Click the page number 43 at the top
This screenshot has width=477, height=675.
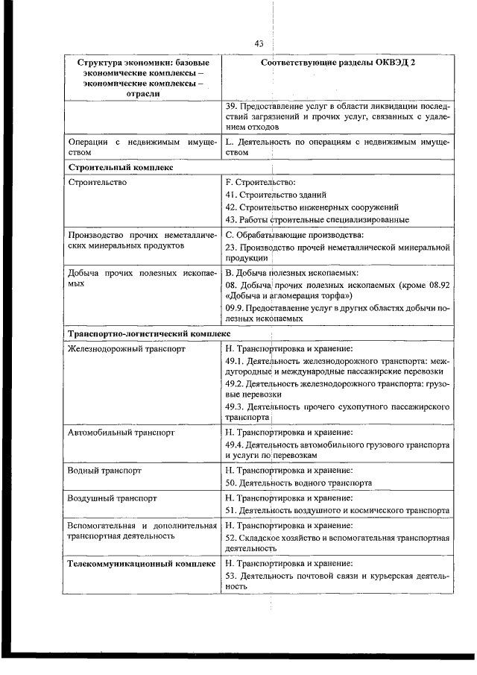(x=259, y=44)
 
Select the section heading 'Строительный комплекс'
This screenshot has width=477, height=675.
(x=119, y=168)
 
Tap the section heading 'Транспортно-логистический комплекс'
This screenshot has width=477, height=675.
(x=148, y=333)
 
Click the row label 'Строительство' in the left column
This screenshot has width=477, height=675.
(x=97, y=182)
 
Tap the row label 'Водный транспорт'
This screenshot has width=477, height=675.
(x=104, y=471)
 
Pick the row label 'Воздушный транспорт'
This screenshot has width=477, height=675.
(x=111, y=497)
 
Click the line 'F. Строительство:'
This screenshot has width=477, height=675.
(x=260, y=182)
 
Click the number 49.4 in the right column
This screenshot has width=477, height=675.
(x=234, y=444)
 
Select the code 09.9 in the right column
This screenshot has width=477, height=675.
(x=234, y=308)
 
